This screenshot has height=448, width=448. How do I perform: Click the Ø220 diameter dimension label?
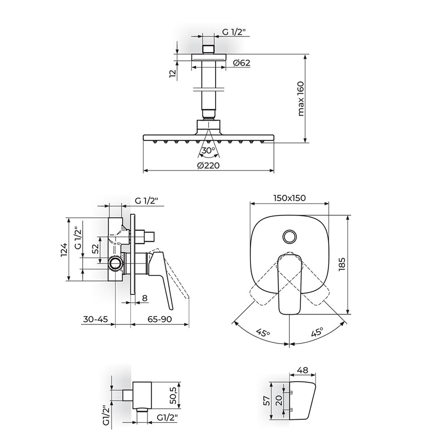coord(208,165)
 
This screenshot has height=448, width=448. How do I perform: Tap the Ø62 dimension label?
coord(242,63)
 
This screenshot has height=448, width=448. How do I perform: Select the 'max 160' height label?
coord(301,99)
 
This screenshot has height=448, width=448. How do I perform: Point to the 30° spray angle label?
coord(208,150)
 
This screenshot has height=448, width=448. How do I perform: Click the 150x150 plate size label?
coord(289,198)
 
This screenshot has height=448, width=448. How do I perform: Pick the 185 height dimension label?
coord(342,264)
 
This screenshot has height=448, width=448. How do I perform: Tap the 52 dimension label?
coord(95,249)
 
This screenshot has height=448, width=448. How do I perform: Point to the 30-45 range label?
coord(96,319)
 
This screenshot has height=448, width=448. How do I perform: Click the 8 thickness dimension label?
coord(145,298)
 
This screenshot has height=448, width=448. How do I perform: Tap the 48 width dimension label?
coord(302,370)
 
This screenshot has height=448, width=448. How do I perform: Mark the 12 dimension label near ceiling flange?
coord(172,74)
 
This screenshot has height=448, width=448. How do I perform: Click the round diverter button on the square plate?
coord(290,237)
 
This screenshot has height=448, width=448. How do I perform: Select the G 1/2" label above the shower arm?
coord(234,32)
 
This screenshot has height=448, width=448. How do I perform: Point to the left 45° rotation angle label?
coord(263,333)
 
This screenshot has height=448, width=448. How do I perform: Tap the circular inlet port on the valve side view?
coord(116,263)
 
